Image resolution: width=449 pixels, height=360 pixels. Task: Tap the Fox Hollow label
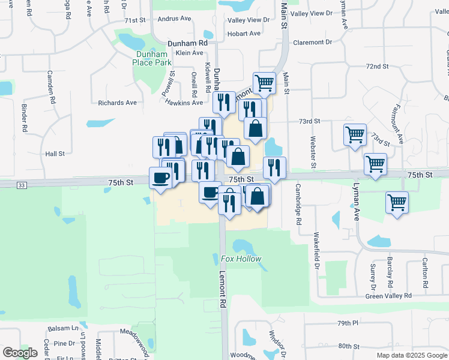241,259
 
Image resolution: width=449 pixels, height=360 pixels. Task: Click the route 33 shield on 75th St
22,186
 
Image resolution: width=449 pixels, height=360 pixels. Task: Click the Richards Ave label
118,103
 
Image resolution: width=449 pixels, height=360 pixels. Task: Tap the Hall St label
54,154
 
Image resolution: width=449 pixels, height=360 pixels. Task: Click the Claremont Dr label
312,43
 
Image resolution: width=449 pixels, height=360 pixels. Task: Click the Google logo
20,353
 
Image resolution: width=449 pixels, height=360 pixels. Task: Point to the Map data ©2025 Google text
411,355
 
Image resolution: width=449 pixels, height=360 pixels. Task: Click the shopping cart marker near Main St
264,83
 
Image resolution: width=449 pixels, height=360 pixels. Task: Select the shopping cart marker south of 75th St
397,202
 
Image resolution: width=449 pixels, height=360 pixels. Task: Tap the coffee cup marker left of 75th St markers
161,178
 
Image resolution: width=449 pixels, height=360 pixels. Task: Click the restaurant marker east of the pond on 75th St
274,167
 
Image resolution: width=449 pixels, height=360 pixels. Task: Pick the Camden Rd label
50,85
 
